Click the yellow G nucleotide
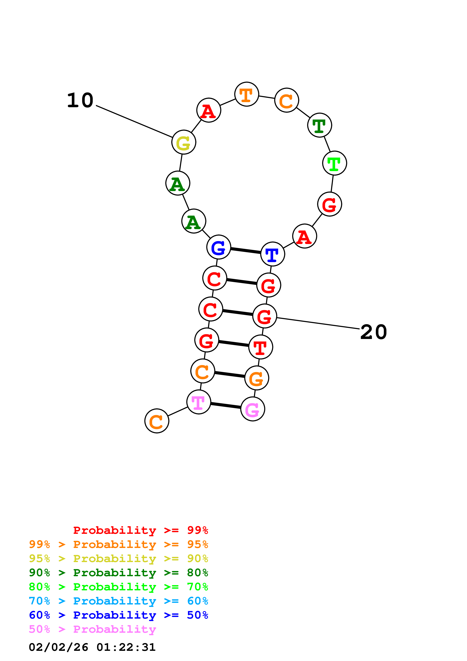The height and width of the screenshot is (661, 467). (183, 142)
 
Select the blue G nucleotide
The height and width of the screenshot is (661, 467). (219, 247)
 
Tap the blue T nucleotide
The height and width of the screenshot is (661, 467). (272, 254)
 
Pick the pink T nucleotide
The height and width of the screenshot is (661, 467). (199, 402)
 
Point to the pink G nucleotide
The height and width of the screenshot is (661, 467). (253, 409)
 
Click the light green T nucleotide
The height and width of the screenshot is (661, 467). (334, 163)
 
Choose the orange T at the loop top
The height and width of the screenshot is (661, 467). (247, 94)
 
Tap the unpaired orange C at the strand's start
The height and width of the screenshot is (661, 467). (157, 421)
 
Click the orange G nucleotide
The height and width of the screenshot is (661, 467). (257, 378)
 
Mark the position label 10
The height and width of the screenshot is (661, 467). (80, 101)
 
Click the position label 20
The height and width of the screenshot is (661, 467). (374, 332)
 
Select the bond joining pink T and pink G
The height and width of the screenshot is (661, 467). (225, 405)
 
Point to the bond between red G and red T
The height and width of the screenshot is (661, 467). (234, 344)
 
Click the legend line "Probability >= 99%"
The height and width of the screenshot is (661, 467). (140, 530)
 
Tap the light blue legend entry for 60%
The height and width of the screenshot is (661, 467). (118, 601)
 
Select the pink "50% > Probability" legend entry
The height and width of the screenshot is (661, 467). (92, 629)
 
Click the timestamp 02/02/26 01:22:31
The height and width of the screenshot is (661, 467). (92, 647)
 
